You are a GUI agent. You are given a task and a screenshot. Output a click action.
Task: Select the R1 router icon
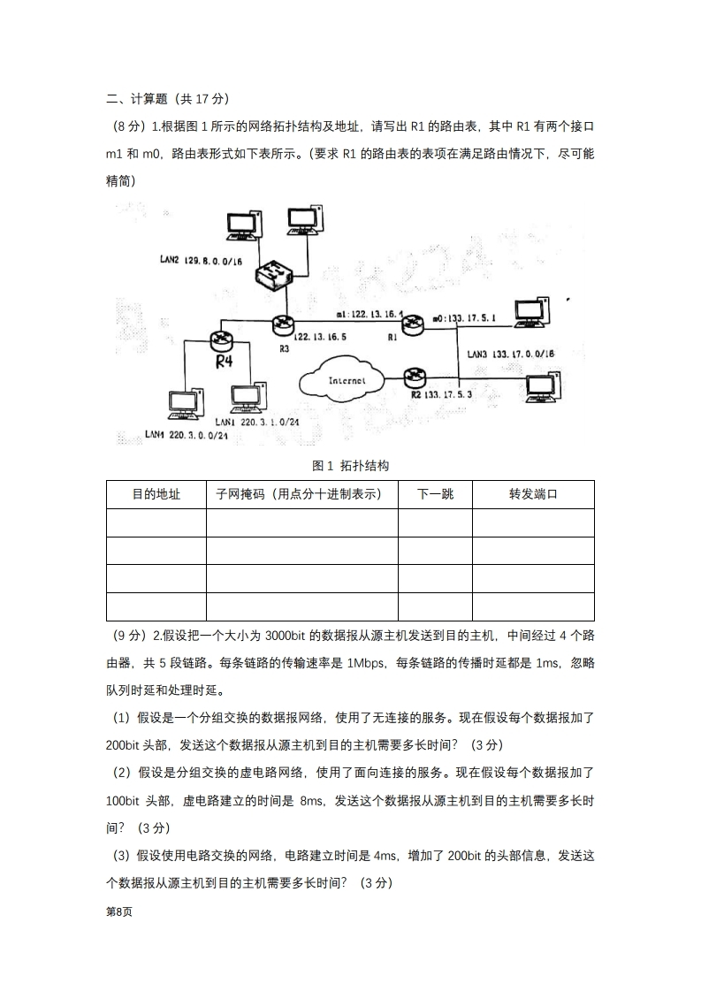(412, 324)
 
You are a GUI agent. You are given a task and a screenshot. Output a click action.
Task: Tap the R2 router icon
(412, 377)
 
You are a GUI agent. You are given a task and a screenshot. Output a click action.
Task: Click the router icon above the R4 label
(221, 339)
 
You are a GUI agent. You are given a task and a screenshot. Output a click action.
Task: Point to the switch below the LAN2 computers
(272, 275)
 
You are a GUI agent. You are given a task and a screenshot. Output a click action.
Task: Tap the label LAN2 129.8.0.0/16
(202, 261)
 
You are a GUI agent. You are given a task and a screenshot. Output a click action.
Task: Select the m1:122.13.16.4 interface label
(370, 315)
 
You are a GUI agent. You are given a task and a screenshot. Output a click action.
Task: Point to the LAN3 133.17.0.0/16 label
(510, 354)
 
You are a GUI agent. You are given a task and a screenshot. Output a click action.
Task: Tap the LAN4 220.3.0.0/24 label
(187, 435)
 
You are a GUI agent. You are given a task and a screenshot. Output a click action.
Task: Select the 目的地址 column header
(156, 494)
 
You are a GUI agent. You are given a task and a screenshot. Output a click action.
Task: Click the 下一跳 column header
(435, 494)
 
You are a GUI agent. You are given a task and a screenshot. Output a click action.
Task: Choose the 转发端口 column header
(533, 494)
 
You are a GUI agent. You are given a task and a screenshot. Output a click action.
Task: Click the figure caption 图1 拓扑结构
(350, 465)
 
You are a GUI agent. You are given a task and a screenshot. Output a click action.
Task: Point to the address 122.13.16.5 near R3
(319, 337)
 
